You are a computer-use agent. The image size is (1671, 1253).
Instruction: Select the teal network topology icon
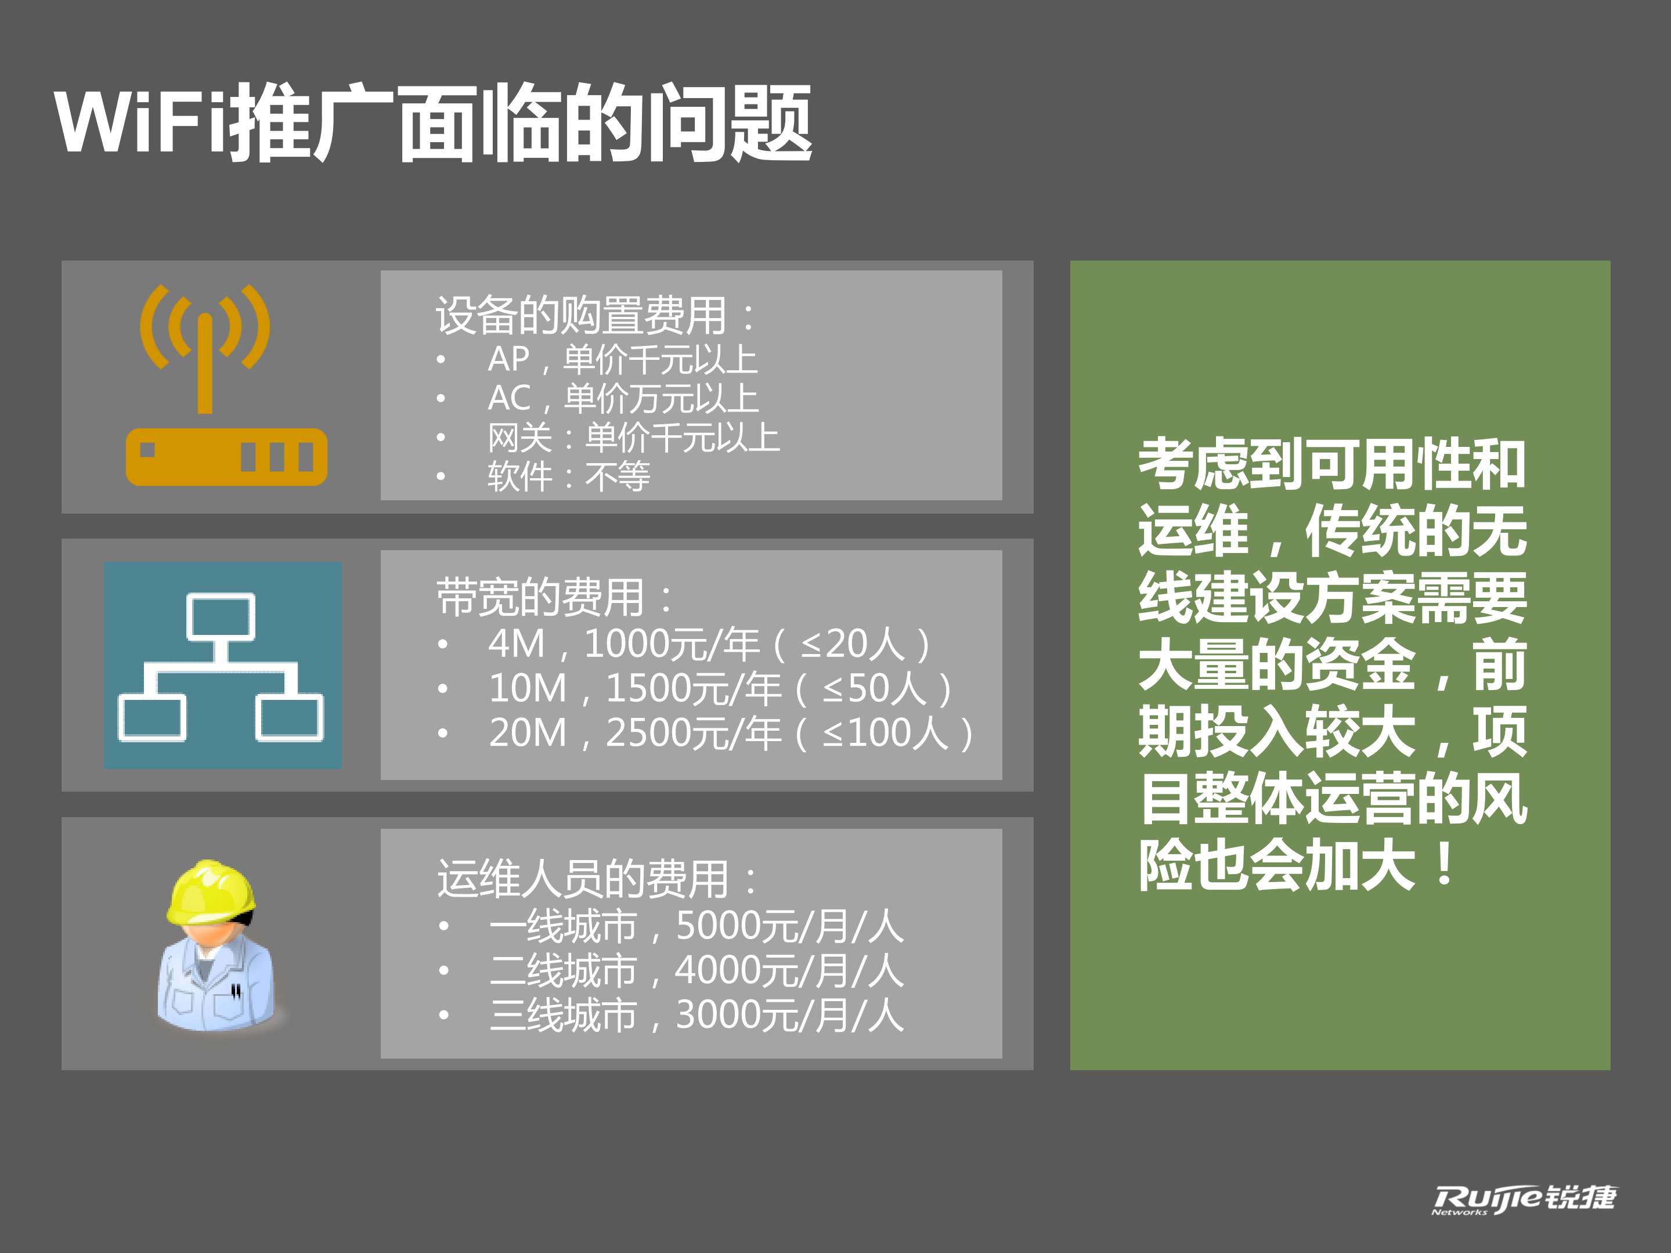222,665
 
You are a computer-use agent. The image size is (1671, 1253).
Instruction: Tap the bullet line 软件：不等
568,477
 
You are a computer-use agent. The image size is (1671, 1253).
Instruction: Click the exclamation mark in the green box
1443,865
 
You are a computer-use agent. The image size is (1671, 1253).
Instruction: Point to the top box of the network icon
221,616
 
